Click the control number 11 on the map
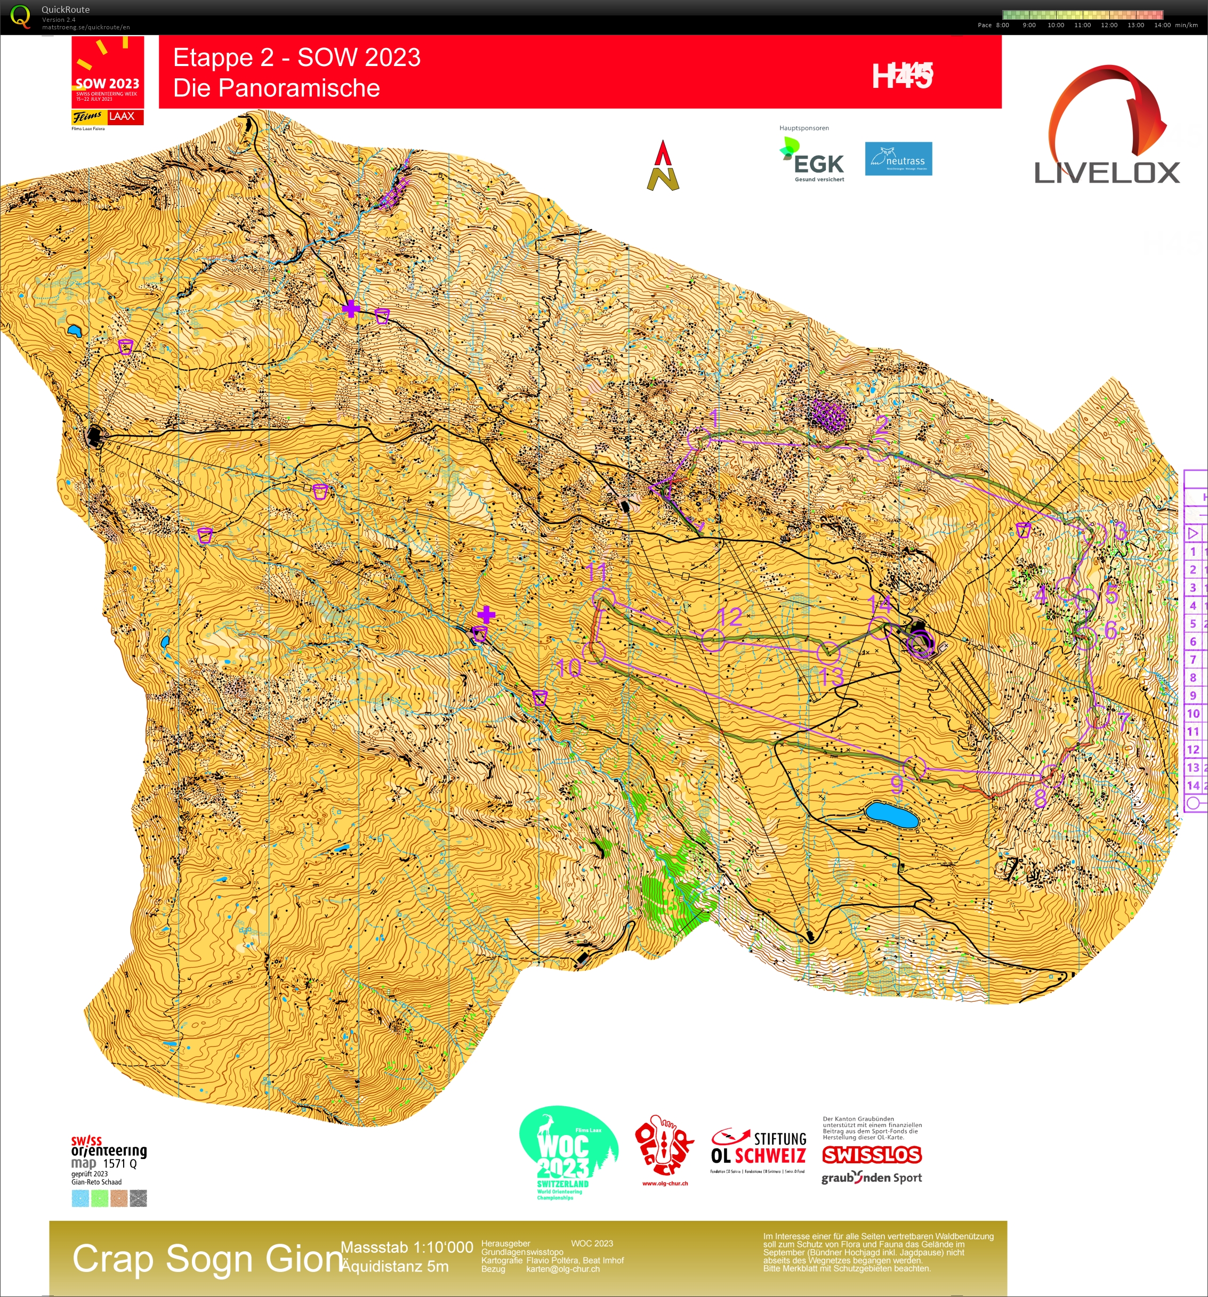[597, 572]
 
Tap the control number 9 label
[897, 783]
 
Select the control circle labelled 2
[880, 450]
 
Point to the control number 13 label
[832, 677]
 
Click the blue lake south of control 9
[891, 815]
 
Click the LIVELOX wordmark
[1107, 173]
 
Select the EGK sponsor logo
[812, 160]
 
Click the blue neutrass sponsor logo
[898, 159]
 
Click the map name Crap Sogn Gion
[207, 1259]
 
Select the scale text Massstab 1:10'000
[407, 1247]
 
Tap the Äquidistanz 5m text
[395, 1266]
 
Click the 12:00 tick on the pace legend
[1109, 25]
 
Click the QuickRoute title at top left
[65, 10]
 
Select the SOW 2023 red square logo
[107, 72]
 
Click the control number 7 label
[1123, 721]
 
